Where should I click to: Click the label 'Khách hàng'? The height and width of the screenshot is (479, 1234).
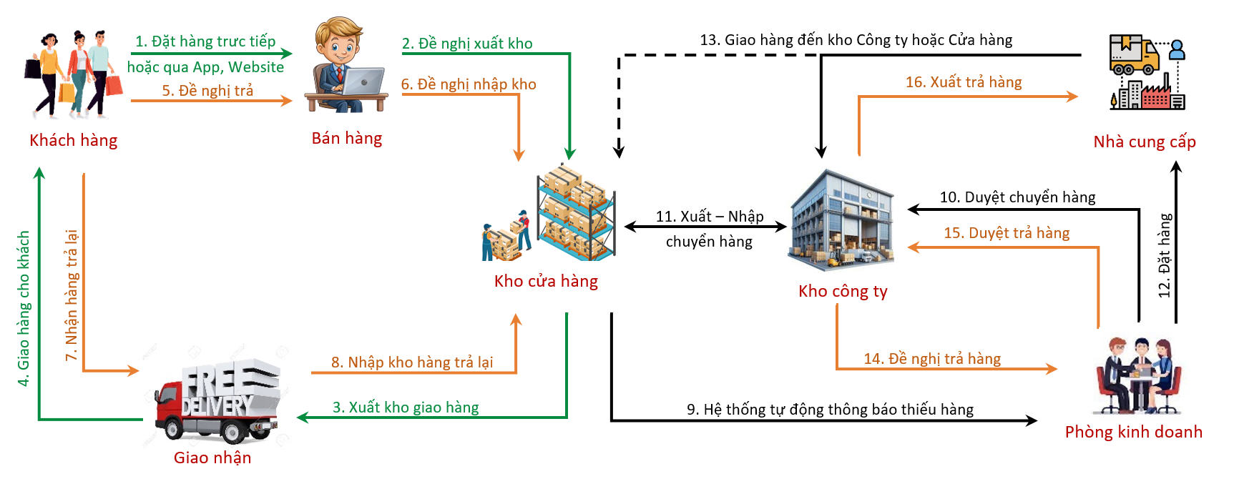[73, 140]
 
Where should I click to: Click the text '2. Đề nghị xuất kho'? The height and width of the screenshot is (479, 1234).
[467, 44]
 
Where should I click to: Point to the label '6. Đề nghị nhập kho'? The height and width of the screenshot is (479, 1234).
[469, 84]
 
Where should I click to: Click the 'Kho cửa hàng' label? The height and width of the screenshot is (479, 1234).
[546, 281]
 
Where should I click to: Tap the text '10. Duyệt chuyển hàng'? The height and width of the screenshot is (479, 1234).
[1017, 197]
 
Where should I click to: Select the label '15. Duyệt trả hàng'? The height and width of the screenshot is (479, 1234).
[1007, 233]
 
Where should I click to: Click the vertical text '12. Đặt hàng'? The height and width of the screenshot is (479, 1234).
[1165, 255]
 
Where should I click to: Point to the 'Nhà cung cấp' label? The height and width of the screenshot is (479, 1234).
[1145, 142]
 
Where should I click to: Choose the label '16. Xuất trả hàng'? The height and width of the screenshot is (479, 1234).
[964, 82]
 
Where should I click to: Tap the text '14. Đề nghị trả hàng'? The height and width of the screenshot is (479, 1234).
[932, 359]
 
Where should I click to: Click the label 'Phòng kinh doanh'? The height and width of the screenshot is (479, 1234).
[1133, 432]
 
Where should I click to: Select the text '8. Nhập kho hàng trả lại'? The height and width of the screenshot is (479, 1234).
[412, 362]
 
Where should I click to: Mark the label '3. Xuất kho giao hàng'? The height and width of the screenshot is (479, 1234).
[406, 408]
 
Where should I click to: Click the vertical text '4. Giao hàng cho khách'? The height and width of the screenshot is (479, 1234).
[24, 308]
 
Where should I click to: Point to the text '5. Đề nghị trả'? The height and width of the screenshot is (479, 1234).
[207, 91]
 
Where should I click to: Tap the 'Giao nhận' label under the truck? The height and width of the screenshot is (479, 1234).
[212, 458]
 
